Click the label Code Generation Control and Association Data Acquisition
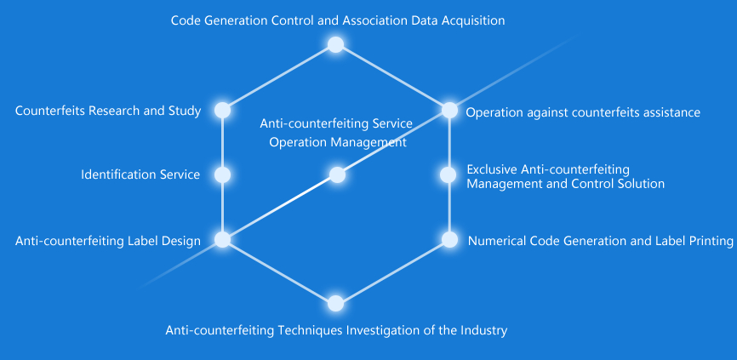[x=337, y=20]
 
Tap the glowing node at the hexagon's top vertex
[x=335, y=44]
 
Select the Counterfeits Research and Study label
[x=108, y=111]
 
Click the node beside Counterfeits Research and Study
[x=222, y=110]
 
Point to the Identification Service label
[x=140, y=174]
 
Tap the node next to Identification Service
[x=222, y=174]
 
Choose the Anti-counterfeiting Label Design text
[x=108, y=241]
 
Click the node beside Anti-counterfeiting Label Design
[x=222, y=239]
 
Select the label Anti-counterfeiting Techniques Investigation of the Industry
[x=336, y=330]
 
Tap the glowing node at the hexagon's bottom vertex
[x=335, y=303]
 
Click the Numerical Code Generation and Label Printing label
[x=600, y=241]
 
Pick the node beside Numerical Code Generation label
[x=448, y=239]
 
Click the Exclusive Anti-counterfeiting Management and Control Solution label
[x=565, y=176]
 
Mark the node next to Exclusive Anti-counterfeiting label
[x=448, y=174]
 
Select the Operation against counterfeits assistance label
[x=583, y=111]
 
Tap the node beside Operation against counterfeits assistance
[x=448, y=110]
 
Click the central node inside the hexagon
[x=337, y=175]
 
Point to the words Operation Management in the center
[x=338, y=142]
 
